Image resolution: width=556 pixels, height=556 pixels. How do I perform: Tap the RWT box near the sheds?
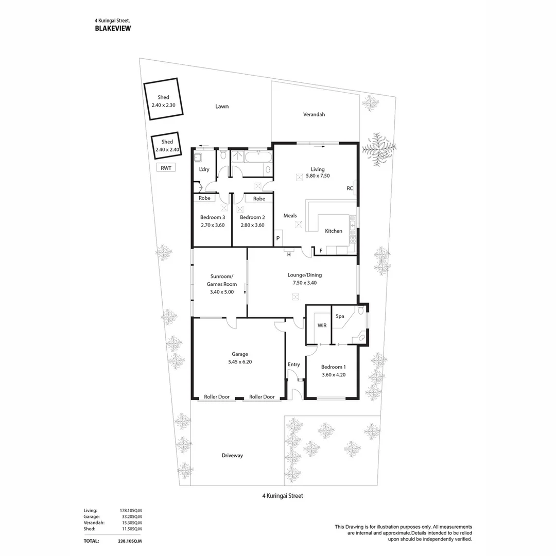pos(166,167)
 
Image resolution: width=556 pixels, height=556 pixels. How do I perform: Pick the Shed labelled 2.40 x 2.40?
pos(167,146)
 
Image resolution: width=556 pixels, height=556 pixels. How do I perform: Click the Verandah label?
pos(314,114)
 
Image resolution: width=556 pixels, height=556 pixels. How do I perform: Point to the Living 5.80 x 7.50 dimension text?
pos(317,176)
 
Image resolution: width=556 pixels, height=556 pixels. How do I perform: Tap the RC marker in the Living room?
pos(350,188)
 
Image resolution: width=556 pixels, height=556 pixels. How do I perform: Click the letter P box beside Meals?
pos(278,238)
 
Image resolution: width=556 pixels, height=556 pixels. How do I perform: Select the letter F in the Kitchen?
pos(321,251)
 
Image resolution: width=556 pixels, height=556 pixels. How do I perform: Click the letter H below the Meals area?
pos(289,254)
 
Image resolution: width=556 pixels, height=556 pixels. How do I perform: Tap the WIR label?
pos(322,325)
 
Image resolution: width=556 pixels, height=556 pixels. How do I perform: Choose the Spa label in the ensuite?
pos(340,316)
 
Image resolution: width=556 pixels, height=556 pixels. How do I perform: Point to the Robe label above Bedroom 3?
pos(204,198)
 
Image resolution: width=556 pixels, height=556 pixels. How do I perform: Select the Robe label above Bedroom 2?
pos(259,198)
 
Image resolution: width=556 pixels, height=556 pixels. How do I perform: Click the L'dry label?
pos(203,169)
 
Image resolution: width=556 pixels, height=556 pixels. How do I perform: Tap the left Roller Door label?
pos(216,397)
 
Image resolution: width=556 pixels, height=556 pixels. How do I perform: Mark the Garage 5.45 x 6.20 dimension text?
pos(239,361)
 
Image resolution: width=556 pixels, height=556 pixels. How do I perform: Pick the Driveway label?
pos(232,455)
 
